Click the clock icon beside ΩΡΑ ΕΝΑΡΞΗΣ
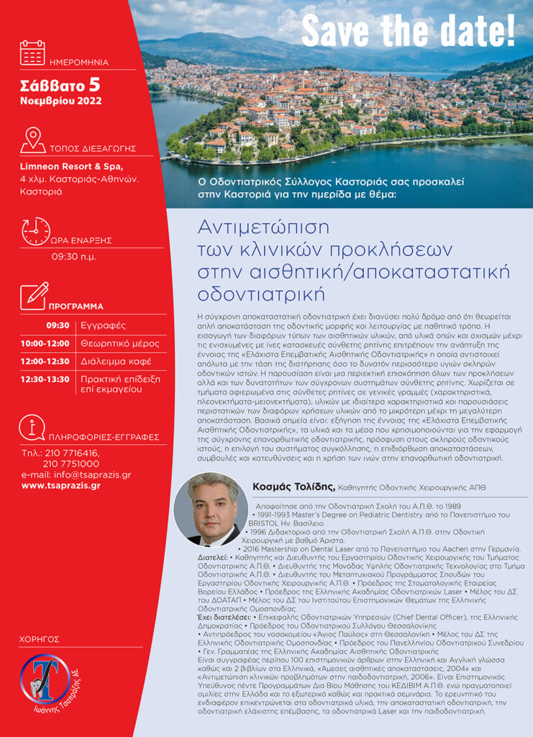point(35,231)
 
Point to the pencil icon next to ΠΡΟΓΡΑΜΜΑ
point(34,295)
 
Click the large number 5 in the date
point(94,85)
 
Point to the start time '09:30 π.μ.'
point(73,256)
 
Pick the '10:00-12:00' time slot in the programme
point(45,343)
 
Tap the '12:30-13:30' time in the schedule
point(45,379)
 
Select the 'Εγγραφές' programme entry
point(103,325)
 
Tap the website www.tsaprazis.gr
point(60,485)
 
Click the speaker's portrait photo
point(211,509)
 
